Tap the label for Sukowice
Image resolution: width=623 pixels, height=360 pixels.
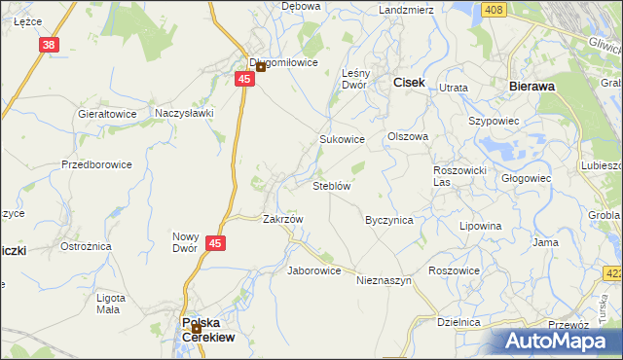click(x=342, y=139)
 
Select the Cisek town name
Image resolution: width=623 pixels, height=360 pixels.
click(x=408, y=84)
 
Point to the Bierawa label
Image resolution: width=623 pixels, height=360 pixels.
click(x=532, y=86)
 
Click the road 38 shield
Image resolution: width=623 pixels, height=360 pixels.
click(x=50, y=45)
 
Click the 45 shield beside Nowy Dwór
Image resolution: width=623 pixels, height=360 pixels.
click(x=216, y=244)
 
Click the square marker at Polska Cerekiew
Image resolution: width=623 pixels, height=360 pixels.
click(x=197, y=328)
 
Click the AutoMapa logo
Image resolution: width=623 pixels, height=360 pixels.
click(x=561, y=341)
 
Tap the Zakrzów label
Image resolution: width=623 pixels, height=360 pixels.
click(x=283, y=219)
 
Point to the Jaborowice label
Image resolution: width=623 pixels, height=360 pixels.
click(x=313, y=270)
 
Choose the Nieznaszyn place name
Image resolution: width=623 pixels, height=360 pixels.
click(x=385, y=280)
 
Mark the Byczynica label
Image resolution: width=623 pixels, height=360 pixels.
click(x=388, y=220)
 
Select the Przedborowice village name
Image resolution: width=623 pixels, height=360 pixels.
click(x=96, y=164)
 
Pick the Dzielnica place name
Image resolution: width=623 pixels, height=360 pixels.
click(x=459, y=321)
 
